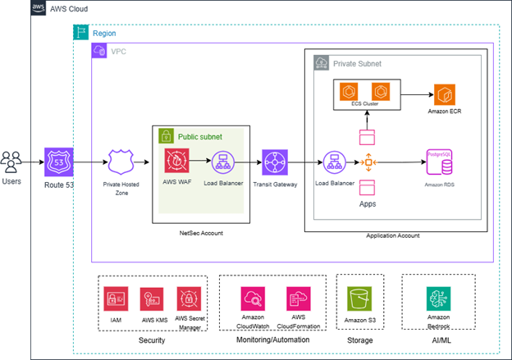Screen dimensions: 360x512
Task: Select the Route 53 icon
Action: tap(60, 162)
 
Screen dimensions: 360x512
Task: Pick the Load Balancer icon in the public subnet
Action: tap(221, 162)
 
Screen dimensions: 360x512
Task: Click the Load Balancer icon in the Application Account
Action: tap(333, 162)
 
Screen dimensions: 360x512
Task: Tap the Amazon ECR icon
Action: tap(444, 93)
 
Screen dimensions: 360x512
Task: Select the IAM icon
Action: tap(117, 298)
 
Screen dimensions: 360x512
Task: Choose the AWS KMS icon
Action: tap(153, 298)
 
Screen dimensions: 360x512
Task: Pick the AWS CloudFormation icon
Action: tap(299, 298)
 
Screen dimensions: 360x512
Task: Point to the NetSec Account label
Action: tap(201, 234)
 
